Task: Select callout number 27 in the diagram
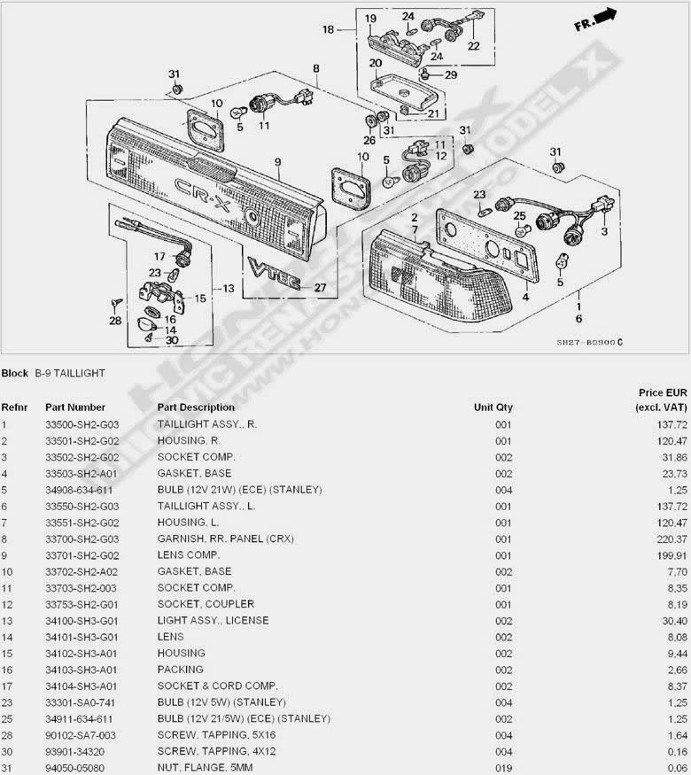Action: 320,287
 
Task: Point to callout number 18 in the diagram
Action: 329,29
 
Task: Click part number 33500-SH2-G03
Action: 79,424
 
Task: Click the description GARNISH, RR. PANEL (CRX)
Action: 225,539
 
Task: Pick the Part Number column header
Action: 75,407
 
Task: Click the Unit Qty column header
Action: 493,407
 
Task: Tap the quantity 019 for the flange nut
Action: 504,767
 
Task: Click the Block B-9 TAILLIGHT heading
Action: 53,373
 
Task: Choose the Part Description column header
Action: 197,407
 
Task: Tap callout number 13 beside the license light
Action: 229,289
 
